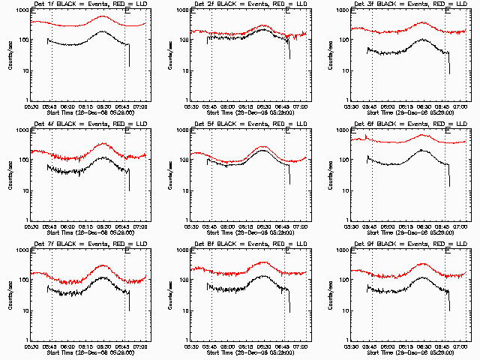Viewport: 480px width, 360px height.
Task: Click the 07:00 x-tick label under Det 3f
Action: (459, 106)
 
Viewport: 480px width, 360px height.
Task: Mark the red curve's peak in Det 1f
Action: (103, 16)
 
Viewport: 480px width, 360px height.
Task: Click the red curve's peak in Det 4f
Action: (103, 142)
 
